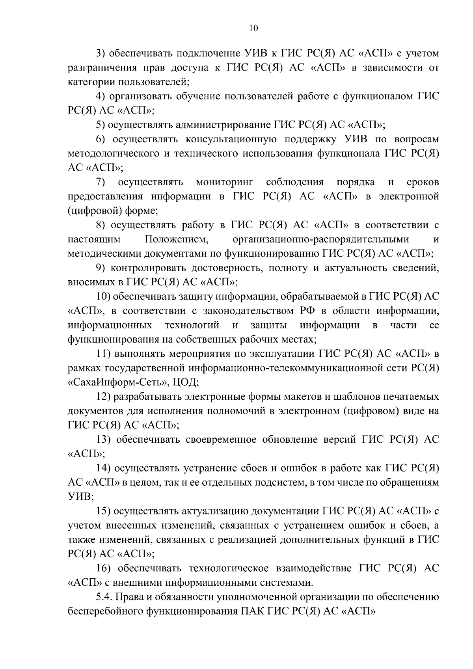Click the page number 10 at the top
[x=253, y=28]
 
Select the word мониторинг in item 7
[x=225, y=182]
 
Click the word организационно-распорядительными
[x=321, y=239]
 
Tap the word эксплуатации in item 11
[x=281, y=354]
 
